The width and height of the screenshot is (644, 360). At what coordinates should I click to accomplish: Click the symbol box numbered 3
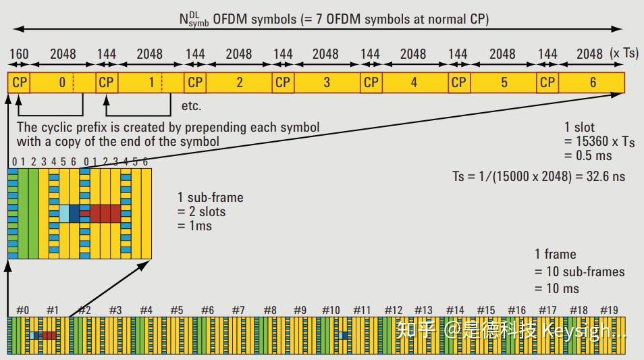point(327,82)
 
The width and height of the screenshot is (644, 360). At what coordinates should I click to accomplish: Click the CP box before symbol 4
point(371,82)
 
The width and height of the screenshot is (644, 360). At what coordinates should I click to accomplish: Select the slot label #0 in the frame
point(22,310)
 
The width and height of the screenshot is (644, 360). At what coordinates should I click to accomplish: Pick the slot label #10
point(331,310)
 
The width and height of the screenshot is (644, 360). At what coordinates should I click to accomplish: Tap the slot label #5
point(176,310)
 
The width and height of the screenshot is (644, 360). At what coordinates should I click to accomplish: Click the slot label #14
point(455,310)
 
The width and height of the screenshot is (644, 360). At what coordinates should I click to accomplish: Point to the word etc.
point(191,106)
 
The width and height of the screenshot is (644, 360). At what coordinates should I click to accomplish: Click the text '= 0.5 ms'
point(587,155)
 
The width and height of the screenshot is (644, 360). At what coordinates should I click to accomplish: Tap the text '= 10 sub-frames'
point(579,272)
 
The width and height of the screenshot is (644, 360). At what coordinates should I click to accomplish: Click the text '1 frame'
point(555,254)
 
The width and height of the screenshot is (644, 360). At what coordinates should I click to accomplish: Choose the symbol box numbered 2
point(239,82)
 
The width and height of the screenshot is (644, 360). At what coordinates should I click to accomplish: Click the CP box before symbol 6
point(547,82)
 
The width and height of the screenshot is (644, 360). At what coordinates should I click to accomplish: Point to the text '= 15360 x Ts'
point(599,141)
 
